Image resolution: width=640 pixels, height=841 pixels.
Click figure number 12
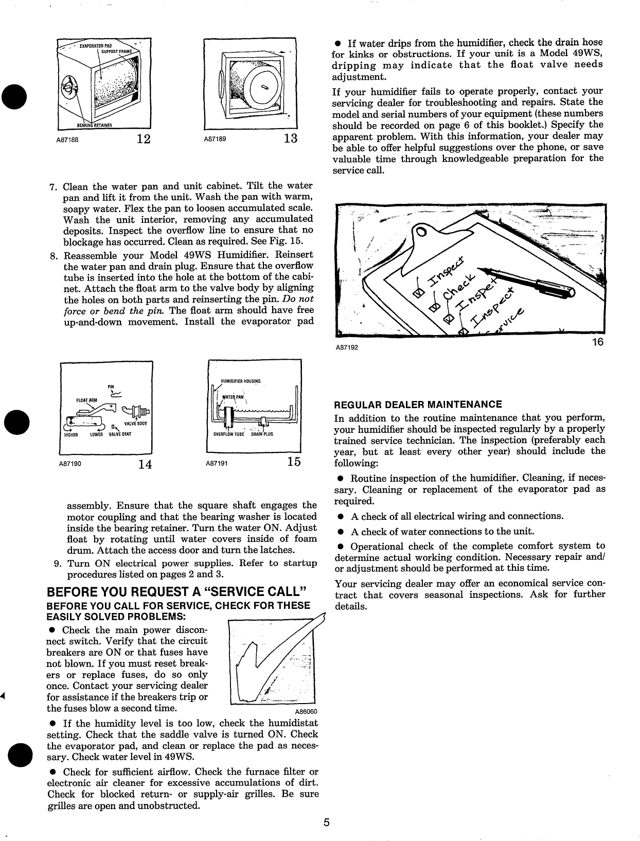tap(144, 139)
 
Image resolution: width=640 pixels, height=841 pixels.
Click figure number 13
tap(290, 139)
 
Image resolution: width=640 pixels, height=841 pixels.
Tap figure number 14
tap(145, 464)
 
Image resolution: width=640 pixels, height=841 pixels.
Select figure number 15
tap(293, 462)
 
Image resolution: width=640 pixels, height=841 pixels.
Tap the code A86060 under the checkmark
tap(306, 712)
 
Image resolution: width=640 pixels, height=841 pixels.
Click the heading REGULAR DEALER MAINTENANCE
tap(418, 405)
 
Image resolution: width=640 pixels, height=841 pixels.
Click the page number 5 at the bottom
tap(326, 822)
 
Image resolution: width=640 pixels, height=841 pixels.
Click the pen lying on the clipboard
tap(530, 282)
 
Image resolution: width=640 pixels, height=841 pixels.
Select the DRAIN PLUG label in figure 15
tap(262, 434)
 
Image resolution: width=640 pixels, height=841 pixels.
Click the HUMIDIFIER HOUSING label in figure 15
tap(241, 381)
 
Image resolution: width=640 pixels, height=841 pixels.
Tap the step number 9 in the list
tap(57, 563)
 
